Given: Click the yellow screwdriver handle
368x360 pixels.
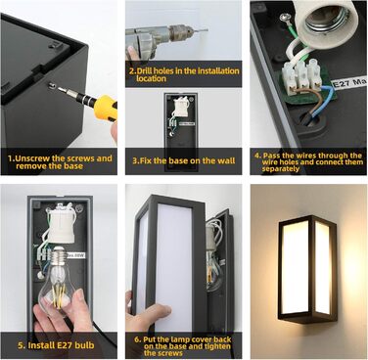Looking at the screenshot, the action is [x=106, y=107].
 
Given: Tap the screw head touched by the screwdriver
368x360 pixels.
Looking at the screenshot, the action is [x=51, y=85].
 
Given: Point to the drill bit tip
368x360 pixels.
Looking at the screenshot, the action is [x=207, y=30].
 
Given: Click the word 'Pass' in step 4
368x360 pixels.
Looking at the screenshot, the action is [x=272, y=156].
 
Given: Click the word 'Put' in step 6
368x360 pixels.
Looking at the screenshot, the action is [x=149, y=339].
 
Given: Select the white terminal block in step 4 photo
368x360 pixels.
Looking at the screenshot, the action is [x=301, y=77].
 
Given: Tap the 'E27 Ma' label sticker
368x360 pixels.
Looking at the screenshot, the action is [x=349, y=82].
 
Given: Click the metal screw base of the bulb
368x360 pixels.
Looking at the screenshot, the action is [x=60, y=256].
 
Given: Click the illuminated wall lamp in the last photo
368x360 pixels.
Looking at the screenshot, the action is [x=306, y=269].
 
